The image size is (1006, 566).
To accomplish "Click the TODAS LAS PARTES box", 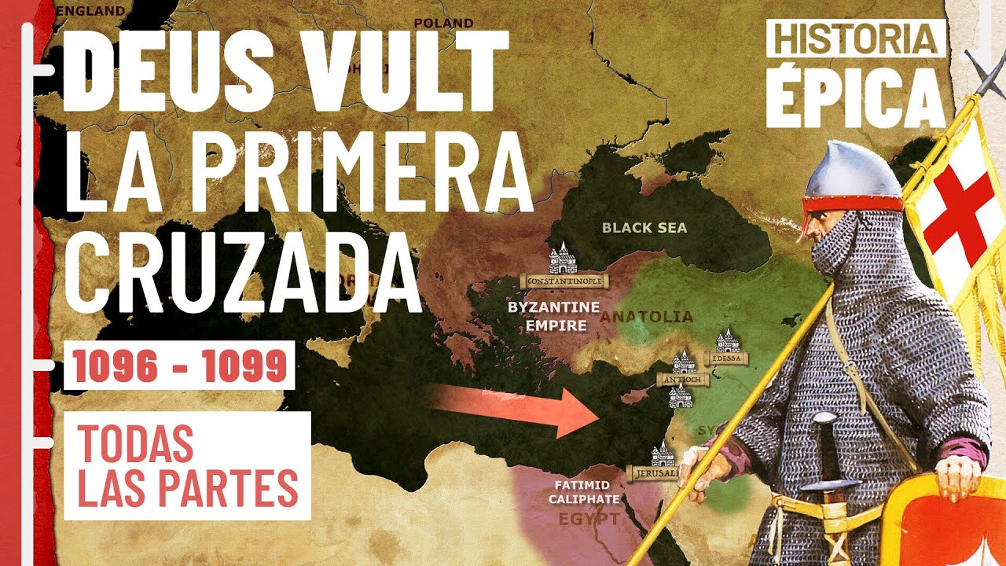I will click(x=188, y=465).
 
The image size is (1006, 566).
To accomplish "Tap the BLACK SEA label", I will click(x=644, y=228).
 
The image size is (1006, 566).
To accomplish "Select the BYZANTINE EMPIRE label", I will click(x=553, y=315).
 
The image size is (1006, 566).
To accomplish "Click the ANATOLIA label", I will click(x=647, y=318).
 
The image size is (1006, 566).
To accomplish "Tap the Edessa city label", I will click(x=726, y=358).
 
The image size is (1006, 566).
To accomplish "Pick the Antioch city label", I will click(x=683, y=380).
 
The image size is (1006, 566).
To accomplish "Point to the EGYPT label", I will click(x=588, y=520).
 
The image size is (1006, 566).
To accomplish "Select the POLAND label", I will click(x=443, y=23).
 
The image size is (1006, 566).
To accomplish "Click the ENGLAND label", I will click(x=91, y=11).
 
